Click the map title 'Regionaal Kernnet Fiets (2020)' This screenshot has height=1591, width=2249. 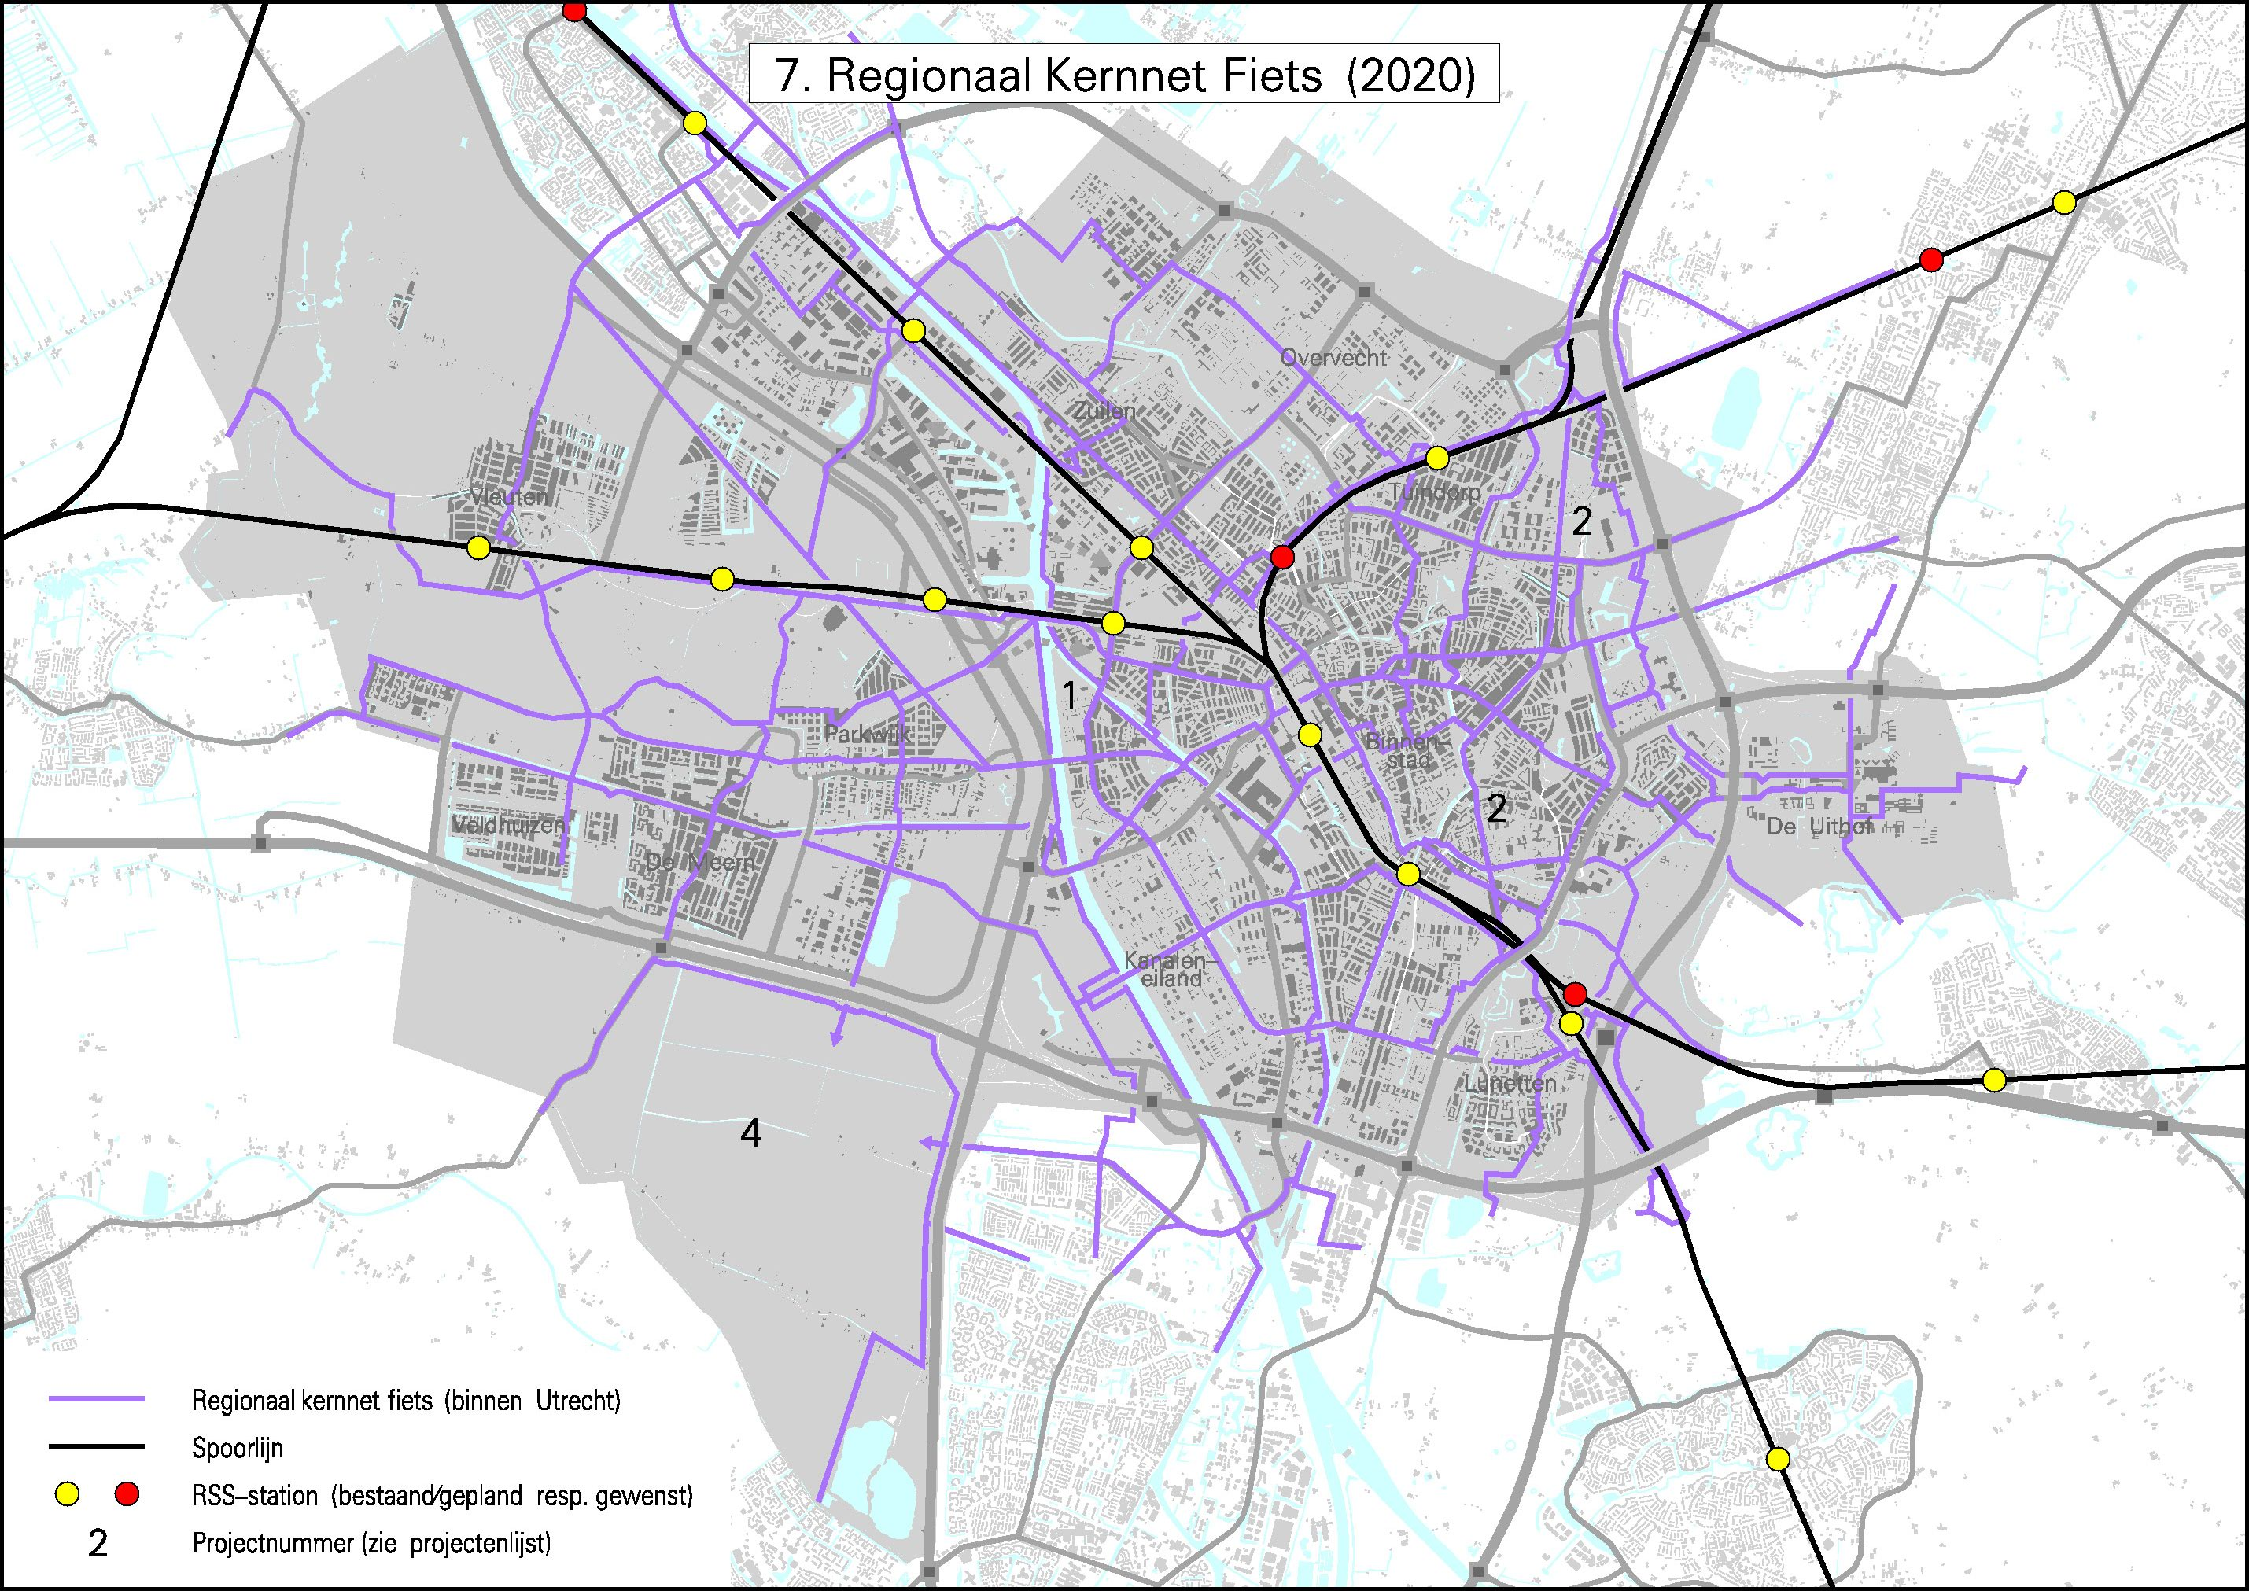(x=1124, y=75)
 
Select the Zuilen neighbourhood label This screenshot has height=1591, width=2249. (x=1104, y=411)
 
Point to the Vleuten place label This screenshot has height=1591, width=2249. (x=509, y=497)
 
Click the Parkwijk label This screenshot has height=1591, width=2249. (x=867, y=733)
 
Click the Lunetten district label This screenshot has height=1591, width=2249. (x=1510, y=1082)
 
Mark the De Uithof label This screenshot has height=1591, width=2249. (x=1819, y=826)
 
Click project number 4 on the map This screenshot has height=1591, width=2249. (x=750, y=1133)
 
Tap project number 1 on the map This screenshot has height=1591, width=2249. (x=1070, y=695)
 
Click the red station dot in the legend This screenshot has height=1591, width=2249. (x=127, y=1494)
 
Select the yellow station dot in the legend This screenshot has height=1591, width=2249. (x=67, y=1494)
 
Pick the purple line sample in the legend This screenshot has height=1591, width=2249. (x=96, y=1400)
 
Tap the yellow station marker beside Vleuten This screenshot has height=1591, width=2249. (x=478, y=547)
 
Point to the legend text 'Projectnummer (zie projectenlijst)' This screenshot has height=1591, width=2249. (x=371, y=1543)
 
